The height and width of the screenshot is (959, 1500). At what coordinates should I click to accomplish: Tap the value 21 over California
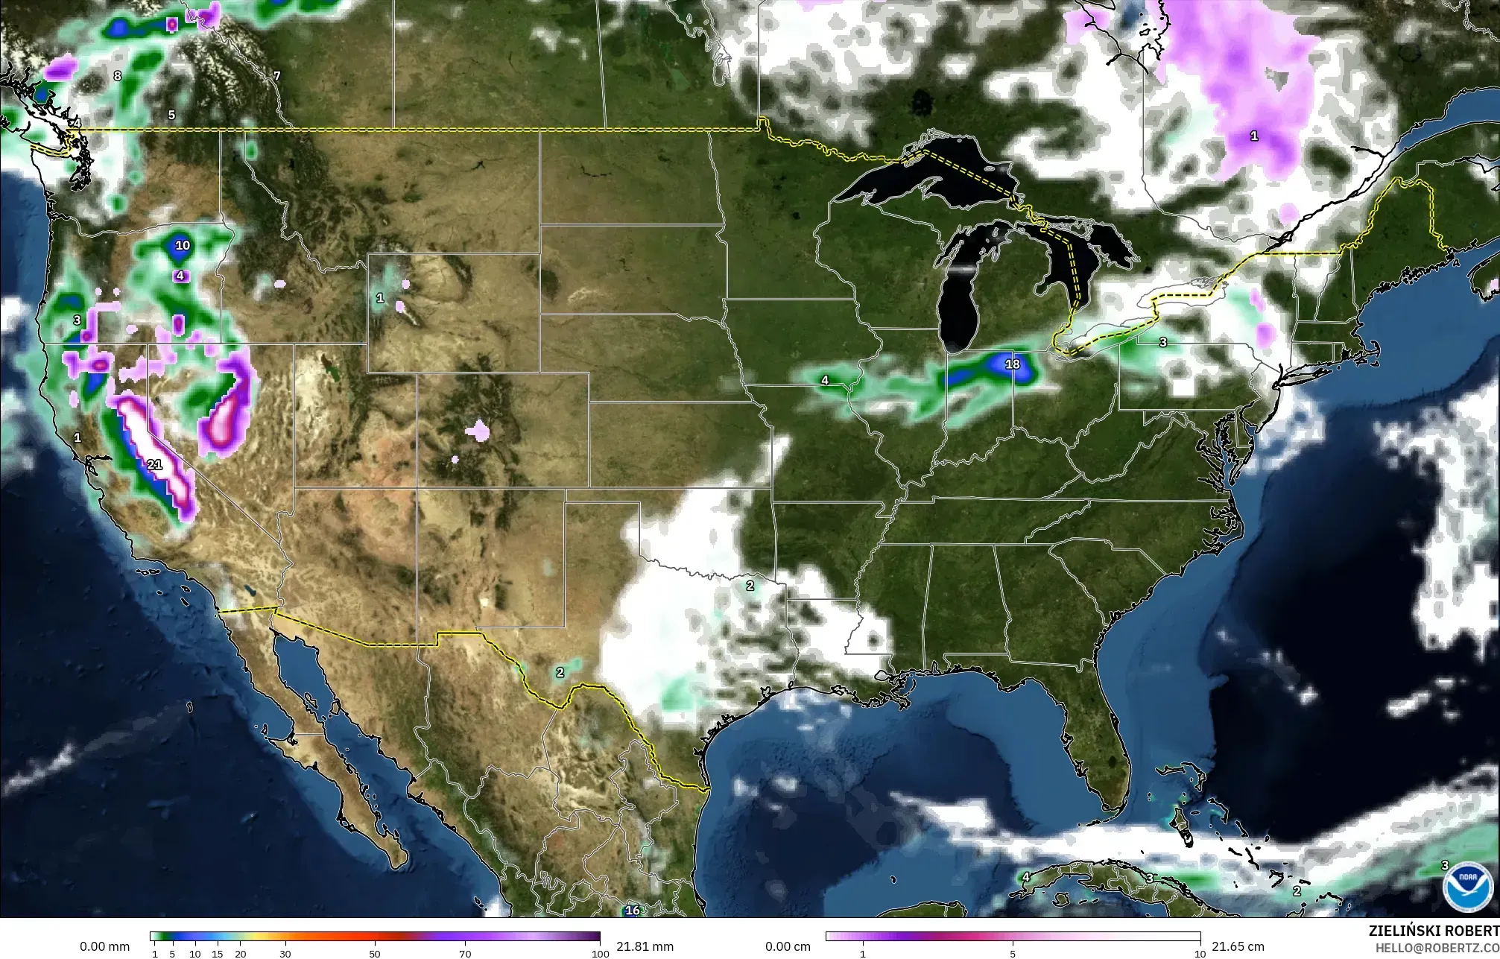[x=154, y=464]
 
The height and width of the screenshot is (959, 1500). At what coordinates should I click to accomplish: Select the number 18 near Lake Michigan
[x=1012, y=364]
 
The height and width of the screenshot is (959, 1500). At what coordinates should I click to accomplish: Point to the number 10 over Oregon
[x=183, y=245]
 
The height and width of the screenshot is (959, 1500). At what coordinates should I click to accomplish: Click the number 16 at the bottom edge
[x=632, y=911]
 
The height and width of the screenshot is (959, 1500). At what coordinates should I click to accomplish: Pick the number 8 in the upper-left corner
[x=117, y=75]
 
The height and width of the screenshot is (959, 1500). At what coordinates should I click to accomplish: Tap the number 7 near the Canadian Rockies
[x=276, y=75]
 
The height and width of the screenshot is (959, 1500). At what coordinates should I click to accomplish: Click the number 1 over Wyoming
[x=380, y=298]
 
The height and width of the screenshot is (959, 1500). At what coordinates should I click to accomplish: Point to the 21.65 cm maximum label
[x=1238, y=946]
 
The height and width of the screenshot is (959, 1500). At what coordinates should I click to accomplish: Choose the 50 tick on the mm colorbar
[x=375, y=954]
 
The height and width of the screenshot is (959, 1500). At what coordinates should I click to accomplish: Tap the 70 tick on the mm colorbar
[x=465, y=954]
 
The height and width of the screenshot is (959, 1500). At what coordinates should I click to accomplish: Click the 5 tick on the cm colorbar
[x=1013, y=954]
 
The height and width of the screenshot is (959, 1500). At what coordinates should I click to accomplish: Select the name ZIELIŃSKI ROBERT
[x=1434, y=931]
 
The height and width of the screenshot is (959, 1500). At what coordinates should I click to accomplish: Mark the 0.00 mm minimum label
[x=104, y=946]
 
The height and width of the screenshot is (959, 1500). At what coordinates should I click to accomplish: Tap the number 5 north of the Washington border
[x=171, y=115]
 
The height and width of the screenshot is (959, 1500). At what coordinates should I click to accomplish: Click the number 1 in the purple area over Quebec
[x=1254, y=136]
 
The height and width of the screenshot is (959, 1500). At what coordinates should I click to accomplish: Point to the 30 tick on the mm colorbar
[x=285, y=954]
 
